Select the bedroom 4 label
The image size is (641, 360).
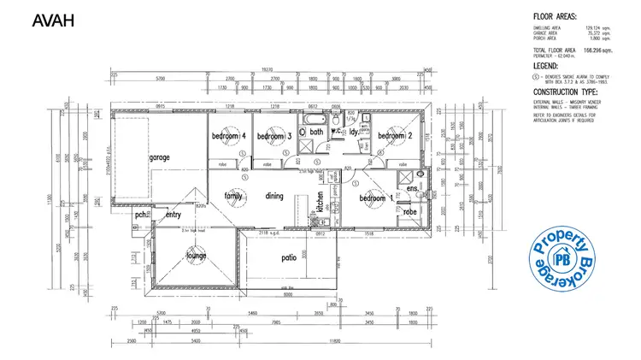point(229,137)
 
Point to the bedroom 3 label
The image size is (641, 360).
point(275,137)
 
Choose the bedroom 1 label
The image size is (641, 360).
point(377,198)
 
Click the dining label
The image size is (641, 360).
point(273,196)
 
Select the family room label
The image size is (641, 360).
point(233,196)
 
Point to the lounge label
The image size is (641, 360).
point(198,256)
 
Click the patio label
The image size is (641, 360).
point(289,257)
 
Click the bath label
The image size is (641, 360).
point(316,133)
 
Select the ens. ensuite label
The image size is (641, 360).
point(411,188)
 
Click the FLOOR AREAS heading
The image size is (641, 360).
point(556,16)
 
